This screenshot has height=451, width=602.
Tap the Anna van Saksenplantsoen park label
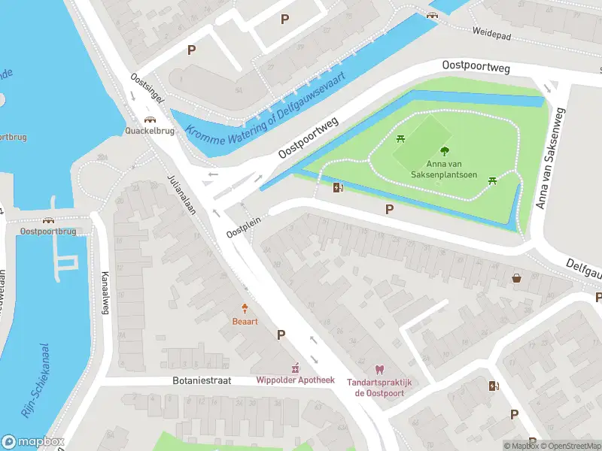click(444, 169)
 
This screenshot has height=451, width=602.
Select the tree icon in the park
click(445, 150)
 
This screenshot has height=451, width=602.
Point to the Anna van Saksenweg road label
click(551, 157)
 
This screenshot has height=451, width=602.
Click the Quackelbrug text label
click(150, 130)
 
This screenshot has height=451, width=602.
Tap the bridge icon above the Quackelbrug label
click(150, 118)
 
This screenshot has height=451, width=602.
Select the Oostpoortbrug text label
click(48, 232)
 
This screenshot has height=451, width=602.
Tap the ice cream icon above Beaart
click(245, 308)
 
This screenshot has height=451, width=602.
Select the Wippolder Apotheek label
click(295, 380)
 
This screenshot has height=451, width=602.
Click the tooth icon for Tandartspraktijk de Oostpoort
click(379, 369)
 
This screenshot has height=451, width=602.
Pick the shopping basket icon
click(517, 278)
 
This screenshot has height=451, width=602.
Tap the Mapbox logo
click(33, 442)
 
